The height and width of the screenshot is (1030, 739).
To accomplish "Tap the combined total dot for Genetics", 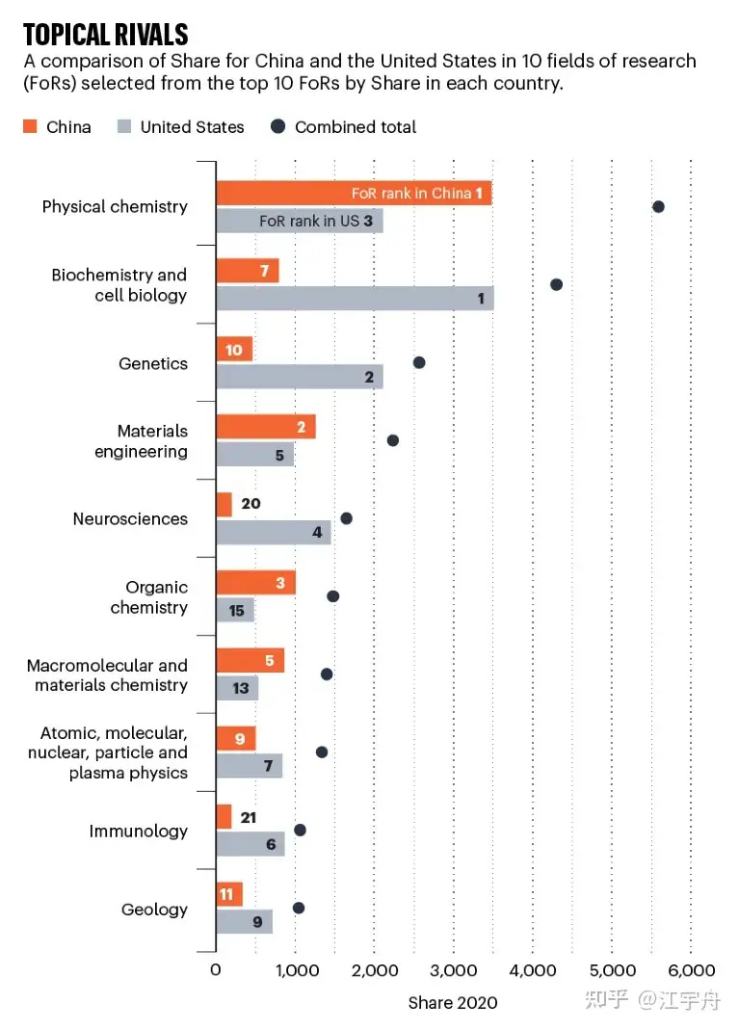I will [419, 362].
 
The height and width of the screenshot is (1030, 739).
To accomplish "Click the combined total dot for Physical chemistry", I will [658, 206].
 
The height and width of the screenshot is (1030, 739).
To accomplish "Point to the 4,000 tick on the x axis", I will [533, 969].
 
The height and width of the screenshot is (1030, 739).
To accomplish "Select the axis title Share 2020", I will [453, 1003].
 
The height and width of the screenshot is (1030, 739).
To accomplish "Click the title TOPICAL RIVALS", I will [106, 36].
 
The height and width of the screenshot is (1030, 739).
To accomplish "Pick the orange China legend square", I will [30, 126].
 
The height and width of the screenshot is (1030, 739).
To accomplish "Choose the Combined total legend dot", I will [278, 126].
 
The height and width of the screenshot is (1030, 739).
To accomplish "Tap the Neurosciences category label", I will [130, 519].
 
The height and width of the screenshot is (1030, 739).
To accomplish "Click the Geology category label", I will [154, 910].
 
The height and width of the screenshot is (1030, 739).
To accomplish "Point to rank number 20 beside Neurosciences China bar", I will [251, 504].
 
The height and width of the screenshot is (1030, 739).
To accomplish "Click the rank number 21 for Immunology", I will [250, 817].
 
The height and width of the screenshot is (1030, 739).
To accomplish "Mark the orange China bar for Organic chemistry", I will [255, 583].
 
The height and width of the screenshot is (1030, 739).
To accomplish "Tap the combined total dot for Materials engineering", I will [393, 440].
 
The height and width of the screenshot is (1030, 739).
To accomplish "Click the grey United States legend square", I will [124, 126].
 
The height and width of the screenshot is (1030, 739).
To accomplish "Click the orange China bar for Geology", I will [229, 895].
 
